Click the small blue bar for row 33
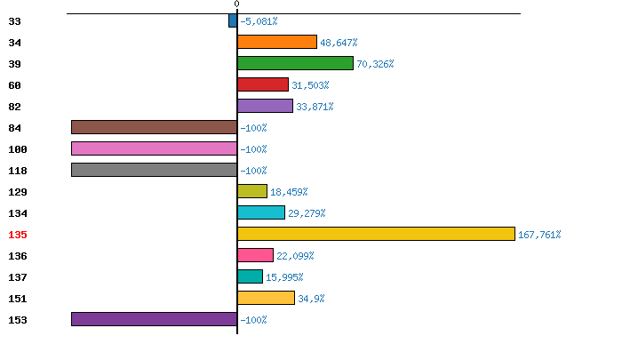coord(233,20)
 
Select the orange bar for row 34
coord(277,42)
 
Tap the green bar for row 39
coord(295,63)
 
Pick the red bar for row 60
coord(263,84)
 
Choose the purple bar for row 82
coord(265,106)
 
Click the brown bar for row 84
coord(154,127)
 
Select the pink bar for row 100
coord(154,148)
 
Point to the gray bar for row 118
coord(154,170)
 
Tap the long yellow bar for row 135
coord(376,234)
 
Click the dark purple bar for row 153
coord(154,319)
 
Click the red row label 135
coord(18,235)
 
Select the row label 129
coord(18,192)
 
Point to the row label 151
coord(18,299)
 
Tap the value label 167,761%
coord(539,235)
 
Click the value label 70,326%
coord(375,64)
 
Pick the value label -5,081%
coord(259,21)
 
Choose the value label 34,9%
coord(312,299)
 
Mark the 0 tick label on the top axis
coord(236,4)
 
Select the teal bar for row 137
coord(250,276)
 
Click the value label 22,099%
coord(295,256)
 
